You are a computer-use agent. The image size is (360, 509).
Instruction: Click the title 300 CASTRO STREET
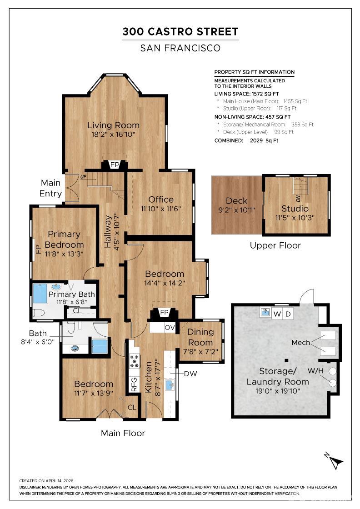coord(180,32)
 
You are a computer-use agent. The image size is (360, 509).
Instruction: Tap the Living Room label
coord(113,125)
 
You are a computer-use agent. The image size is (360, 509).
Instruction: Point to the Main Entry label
coord(50,188)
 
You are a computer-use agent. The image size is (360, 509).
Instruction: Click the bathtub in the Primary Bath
coord(40,294)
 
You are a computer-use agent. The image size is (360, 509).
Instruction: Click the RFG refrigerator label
coord(134,384)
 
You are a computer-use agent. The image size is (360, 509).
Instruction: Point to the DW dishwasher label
coord(191,374)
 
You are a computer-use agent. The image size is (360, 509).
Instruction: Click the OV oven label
coord(170,327)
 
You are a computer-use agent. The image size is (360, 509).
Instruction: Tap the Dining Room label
coord(200,337)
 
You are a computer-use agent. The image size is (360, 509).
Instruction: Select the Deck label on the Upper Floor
coord(236,200)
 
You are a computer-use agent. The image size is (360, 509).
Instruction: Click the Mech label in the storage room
coord(301,342)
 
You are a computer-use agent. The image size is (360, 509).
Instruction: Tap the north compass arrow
coord(336,463)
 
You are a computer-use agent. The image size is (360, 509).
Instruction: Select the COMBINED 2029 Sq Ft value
coord(264,140)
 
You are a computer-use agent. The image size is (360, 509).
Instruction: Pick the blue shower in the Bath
coord(99,346)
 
